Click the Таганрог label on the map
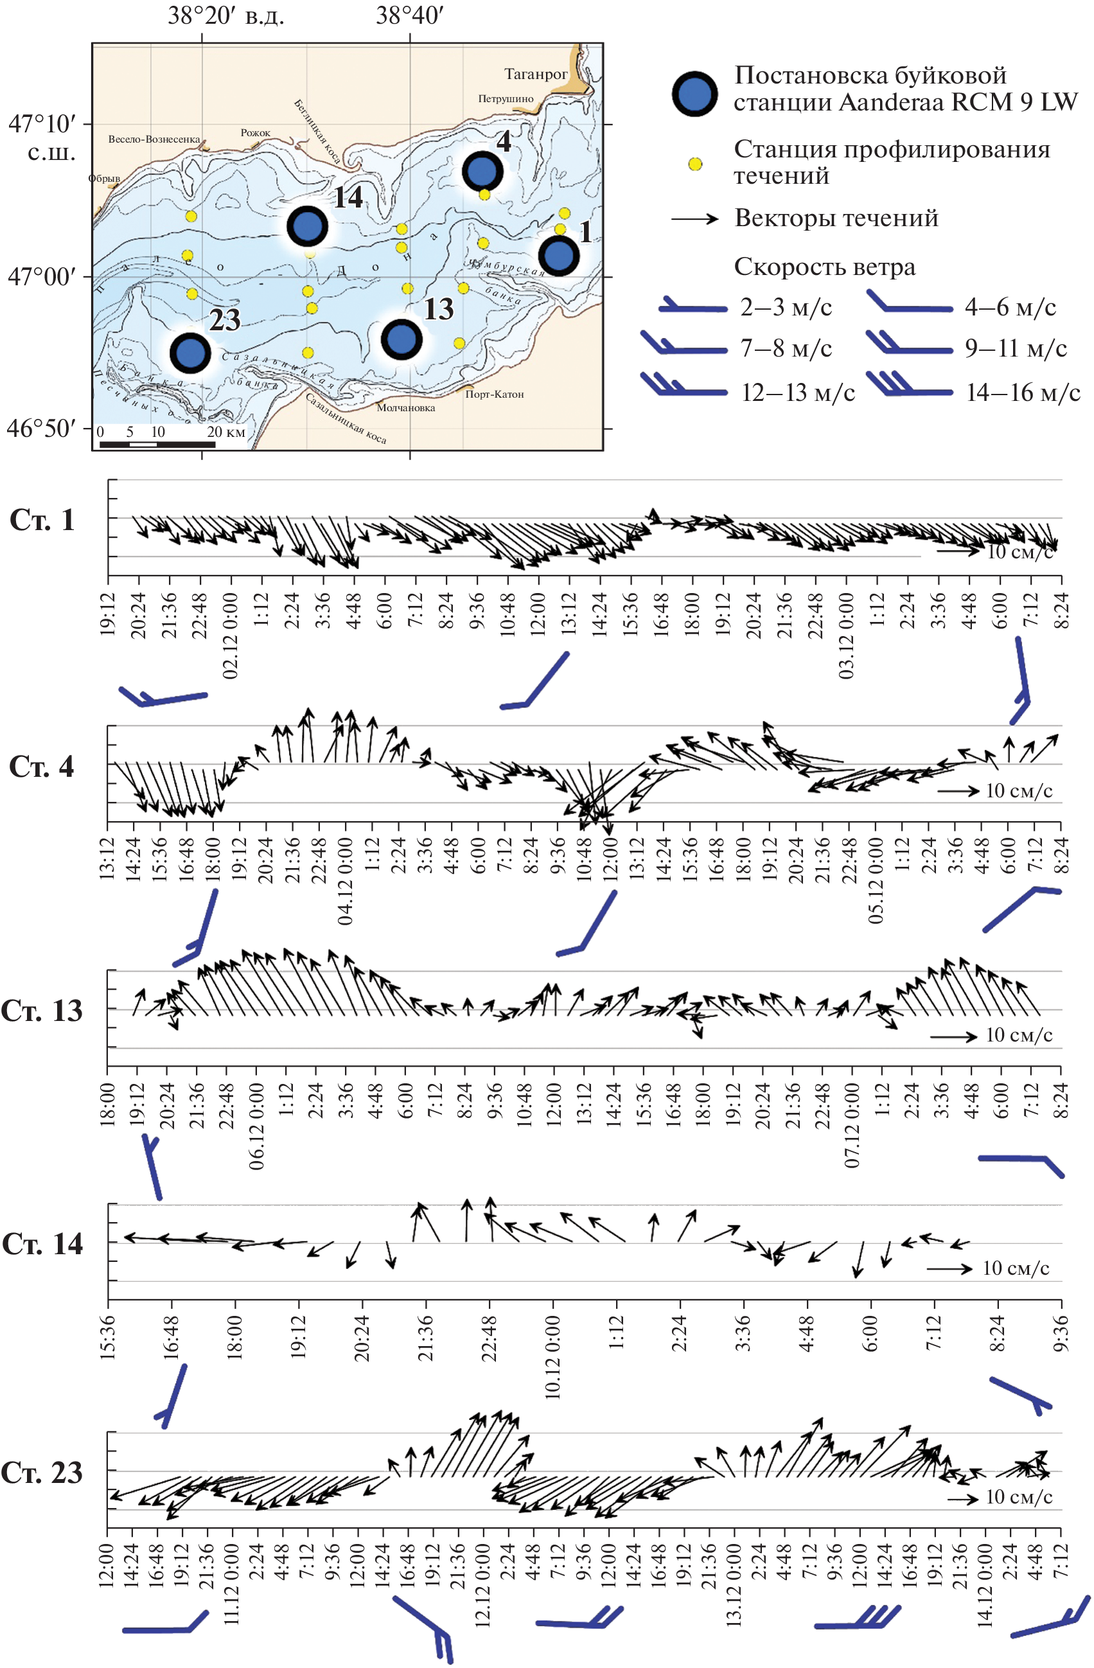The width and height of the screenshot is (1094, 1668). coord(535,74)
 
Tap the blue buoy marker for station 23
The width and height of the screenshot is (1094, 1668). coord(190,353)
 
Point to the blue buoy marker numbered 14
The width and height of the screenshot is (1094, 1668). coord(307,226)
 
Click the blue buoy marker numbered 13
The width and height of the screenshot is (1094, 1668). coord(401,339)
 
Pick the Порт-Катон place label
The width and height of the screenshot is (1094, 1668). coord(494,394)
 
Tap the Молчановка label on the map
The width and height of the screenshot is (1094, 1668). coord(406,407)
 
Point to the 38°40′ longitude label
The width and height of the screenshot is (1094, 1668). coord(409,15)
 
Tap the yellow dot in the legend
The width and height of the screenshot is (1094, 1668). coord(694,164)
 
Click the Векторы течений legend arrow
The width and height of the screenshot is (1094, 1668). coord(694,218)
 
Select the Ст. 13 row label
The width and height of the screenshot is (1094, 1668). coord(42,1011)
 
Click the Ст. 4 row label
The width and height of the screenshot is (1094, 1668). coord(41,767)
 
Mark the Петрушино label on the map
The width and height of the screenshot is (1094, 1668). coord(506,99)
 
